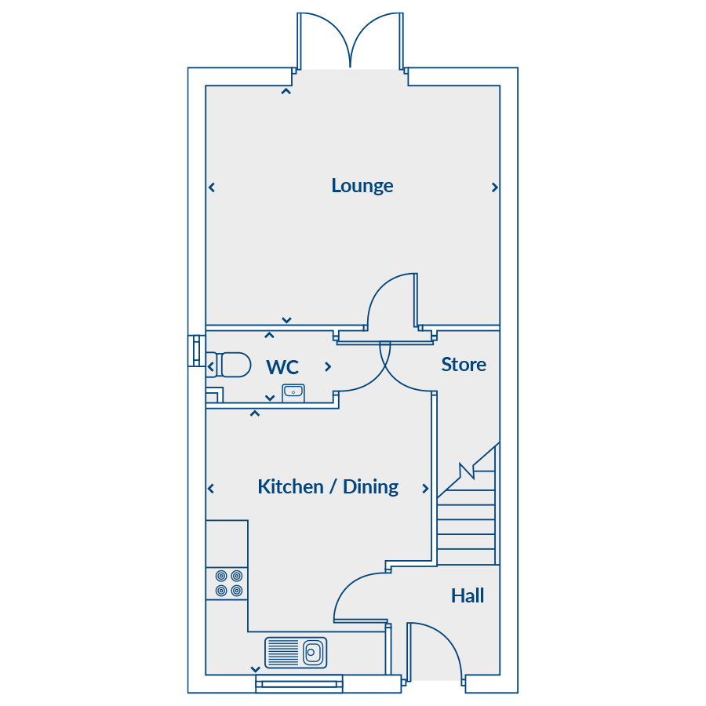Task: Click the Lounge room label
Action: pyautogui.click(x=362, y=186)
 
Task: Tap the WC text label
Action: pyautogui.click(x=282, y=367)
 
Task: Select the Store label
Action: pyautogui.click(x=463, y=365)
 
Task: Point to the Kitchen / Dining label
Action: pyautogui.click(x=328, y=487)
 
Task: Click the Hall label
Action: pyautogui.click(x=468, y=596)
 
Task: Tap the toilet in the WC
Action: pyautogui.click(x=229, y=365)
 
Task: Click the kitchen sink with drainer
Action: pyautogui.click(x=296, y=652)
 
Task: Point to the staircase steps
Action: pyautogui.click(x=467, y=526)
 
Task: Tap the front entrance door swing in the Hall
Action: pyautogui.click(x=435, y=647)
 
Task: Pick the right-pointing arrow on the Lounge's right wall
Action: pyautogui.click(x=495, y=187)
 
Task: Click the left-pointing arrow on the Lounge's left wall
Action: pyautogui.click(x=212, y=187)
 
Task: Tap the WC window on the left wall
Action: pyautogui.click(x=194, y=351)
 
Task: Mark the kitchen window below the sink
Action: pyautogui.click(x=299, y=684)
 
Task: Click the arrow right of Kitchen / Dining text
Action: pyautogui.click(x=426, y=489)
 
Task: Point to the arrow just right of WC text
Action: pyautogui.click(x=328, y=366)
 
